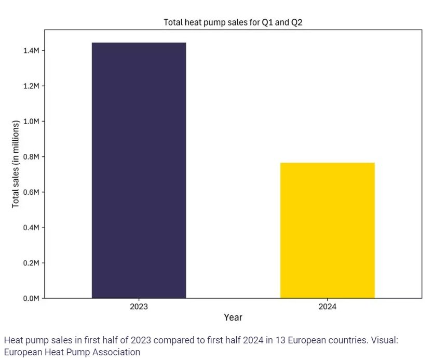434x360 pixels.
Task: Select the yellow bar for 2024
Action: click(x=327, y=231)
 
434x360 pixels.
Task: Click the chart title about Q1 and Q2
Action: click(x=233, y=22)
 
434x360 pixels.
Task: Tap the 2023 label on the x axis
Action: click(x=139, y=306)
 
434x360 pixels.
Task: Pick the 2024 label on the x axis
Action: click(x=327, y=306)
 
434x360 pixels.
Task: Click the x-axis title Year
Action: click(x=233, y=317)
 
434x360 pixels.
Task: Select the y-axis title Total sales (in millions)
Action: click(x=16, y=164)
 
